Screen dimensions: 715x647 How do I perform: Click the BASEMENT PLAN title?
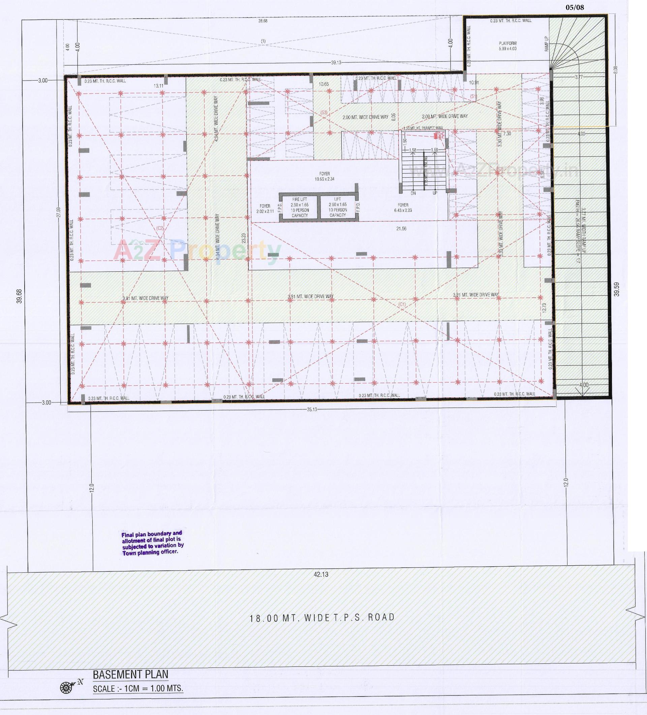[130, 674]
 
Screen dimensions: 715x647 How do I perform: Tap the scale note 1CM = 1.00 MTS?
[138, 689]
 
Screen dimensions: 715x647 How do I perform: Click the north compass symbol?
[66, 687]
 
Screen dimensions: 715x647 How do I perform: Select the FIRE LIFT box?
[300, 207]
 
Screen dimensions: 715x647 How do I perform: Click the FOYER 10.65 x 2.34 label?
[325, 176]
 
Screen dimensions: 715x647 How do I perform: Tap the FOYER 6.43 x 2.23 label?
[403, 207]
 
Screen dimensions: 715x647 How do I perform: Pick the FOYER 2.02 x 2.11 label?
[265, 209]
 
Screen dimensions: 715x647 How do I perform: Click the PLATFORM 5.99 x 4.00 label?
[507, 46]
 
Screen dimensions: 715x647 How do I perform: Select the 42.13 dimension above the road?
[321, 574]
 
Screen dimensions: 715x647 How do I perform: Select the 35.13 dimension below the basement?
[312, 409]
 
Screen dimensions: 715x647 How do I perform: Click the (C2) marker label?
[160, 228]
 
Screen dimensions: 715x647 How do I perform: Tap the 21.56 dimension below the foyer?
[401, 229]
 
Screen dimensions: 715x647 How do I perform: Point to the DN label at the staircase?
[413, 193]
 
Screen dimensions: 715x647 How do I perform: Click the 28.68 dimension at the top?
[263, 21]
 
